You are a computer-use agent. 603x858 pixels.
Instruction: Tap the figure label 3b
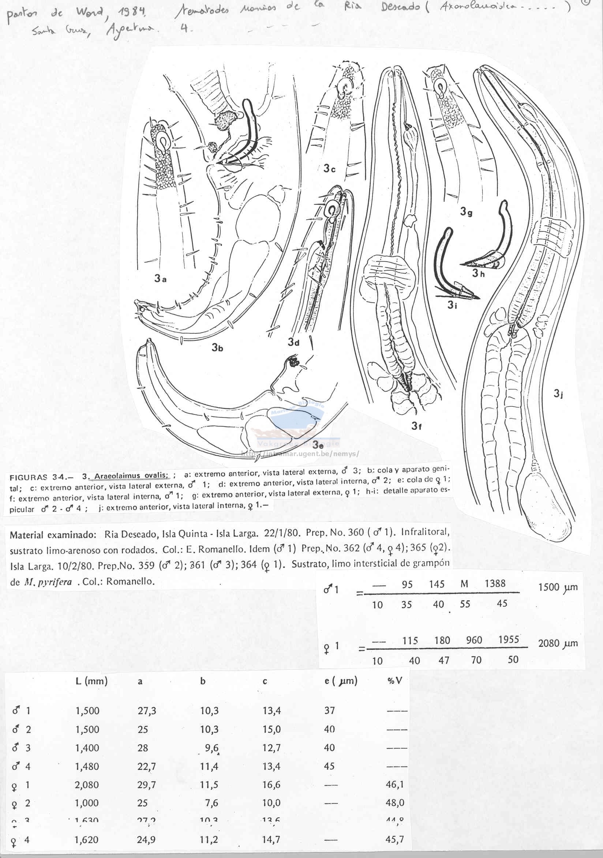click(x=217, y=347)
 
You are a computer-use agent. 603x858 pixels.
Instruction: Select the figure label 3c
click(x=329, y=168)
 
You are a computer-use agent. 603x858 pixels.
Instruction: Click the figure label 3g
click(x=466, y=212)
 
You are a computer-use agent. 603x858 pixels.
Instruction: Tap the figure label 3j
click(x=558, y=393)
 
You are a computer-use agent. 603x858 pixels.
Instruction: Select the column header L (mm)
click(x=91, y=681)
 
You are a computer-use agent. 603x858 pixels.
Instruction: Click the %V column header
click(x=394, y=680)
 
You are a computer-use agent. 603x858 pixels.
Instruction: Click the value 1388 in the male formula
click(x=495, y=584)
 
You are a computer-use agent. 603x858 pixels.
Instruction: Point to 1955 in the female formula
click(x=509, y=640)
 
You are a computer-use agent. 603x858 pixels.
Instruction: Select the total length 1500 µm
click(x=557, y=587)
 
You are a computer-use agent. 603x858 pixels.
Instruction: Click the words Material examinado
click(x=50, y=535)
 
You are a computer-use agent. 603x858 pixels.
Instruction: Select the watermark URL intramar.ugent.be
click(x=300, y=454)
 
